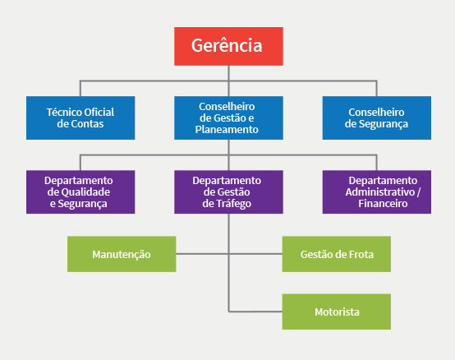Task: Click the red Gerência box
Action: click(228, 47)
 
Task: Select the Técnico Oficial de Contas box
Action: click(80, 118)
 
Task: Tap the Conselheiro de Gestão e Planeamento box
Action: click(228, 118)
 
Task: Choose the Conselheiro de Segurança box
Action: click(377, 118)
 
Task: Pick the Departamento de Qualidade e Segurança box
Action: click(80, 192)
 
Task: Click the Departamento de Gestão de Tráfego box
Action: click(228, 192)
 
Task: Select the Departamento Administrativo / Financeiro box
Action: click(377, 192)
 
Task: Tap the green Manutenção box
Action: click(122, 254)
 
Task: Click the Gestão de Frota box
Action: click(337, 254)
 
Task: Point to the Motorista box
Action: click(337, 312)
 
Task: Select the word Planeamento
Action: click(227, 130)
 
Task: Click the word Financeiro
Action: click(383, 204)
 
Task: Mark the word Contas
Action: click(88, 124)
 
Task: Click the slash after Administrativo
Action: click(418, 192)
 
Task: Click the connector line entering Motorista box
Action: click(255, 312)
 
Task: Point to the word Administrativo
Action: click(379, 192)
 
